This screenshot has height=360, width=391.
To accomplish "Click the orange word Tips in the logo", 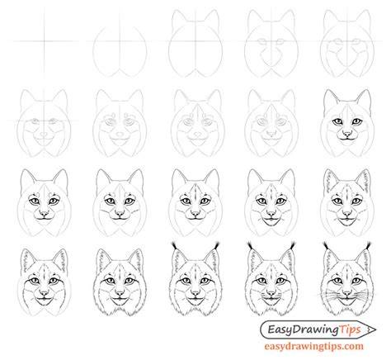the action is click(x=351, y=329).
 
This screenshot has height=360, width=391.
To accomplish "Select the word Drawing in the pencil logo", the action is click(x=315, y=329).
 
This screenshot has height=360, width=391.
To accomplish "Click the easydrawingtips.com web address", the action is click(x=314, y=346).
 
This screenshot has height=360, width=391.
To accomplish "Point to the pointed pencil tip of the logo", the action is click(x=375, y=329).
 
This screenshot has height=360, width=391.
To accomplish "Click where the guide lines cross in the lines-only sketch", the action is click(x=44, y=41).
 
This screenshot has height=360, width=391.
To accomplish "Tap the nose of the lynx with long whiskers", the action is click(x=347, y=292).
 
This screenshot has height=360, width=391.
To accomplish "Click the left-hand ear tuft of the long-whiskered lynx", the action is click(x=326, y=245).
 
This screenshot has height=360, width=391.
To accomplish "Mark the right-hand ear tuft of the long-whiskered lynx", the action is click(x=368, y=245).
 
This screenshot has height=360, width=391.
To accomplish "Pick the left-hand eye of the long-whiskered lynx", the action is click(x=337, y=281).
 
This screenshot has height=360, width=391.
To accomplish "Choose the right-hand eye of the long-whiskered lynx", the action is click(x=357, y=281).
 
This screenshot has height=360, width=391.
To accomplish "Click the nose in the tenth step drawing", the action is click(x=347, y=134).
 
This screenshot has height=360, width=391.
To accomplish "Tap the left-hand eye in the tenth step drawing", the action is click(x=337, y=121).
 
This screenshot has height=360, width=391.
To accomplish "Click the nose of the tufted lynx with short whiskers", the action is click(x=271, y=292).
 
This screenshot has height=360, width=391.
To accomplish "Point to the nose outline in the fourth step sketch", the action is click(x=271, y=58).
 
